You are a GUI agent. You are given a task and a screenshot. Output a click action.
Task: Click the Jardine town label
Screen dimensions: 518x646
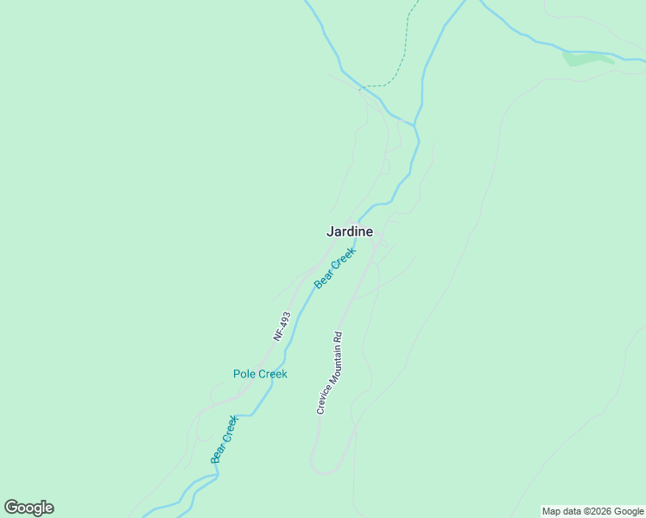(350, 231)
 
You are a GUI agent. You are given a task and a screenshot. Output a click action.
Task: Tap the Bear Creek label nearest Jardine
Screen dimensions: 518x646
(335, 268)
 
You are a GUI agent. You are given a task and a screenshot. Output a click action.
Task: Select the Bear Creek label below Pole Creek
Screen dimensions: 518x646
(225, 439)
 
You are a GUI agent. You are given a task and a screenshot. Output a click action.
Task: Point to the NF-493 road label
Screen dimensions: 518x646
(282, 325)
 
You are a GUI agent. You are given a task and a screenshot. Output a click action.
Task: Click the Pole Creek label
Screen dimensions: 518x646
(260, 374)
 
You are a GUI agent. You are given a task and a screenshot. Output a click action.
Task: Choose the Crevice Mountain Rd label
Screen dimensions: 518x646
(329, 373)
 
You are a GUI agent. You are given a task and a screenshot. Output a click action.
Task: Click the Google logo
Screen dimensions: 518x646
(29, 508)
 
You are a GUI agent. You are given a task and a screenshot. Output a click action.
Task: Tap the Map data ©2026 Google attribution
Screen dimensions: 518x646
(593, 511)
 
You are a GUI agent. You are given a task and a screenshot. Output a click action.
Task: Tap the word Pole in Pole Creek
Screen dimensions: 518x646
(244, 374)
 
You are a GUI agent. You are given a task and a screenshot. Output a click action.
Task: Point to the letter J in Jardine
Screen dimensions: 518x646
(330, 231)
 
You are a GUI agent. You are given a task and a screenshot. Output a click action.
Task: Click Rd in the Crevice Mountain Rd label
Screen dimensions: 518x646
(339, 338)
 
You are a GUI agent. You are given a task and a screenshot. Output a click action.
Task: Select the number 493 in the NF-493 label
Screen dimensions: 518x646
(285, 320)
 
